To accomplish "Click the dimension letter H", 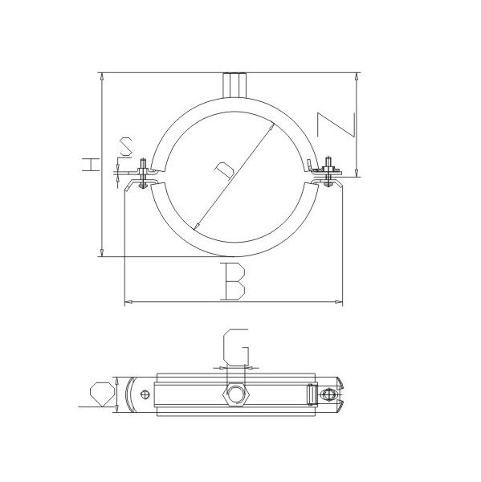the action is [x=91, y=164].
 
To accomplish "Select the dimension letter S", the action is [x=126, y=146].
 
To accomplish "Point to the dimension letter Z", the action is [x=336, y=125].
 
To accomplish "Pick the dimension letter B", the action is [x=234, y=281].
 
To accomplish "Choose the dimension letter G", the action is [x=236, y=347].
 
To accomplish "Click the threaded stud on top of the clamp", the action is [x=234, y=85].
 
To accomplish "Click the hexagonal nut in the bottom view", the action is [x=236, y=394].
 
